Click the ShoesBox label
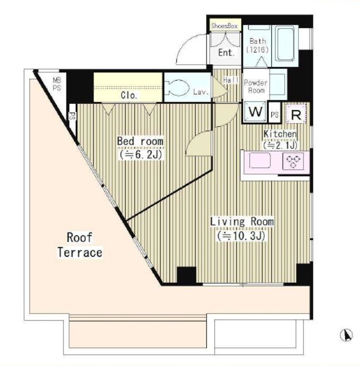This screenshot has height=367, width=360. click(x=224, y=25)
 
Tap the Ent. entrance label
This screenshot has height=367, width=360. click(x=226, y=52)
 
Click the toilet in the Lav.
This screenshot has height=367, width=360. click(x=177, y=88)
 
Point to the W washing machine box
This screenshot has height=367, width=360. click(x=255, y=112)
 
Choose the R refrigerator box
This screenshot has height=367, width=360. click(x=296, y=113)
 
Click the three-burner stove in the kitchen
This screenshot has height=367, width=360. click(x=294, y=161)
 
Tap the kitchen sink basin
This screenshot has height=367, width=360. click(x=260, y=161)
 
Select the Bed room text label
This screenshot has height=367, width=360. click(x=140, y=141)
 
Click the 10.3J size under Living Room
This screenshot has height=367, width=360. click(x=241, y=236)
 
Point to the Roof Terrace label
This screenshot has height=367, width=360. click(x=80, y=245)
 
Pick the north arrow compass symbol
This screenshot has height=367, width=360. click(x=346, y=335)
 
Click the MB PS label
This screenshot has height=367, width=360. click(x=57, y=84)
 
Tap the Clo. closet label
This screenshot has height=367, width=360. click(x=129, y=95)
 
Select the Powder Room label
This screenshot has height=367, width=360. click(x=256, y=87)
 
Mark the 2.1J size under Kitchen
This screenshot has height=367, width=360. click(x=280, y=146)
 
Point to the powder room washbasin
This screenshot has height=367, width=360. click(x=277, y=84)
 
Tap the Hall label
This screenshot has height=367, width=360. click(x=231, y=80)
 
